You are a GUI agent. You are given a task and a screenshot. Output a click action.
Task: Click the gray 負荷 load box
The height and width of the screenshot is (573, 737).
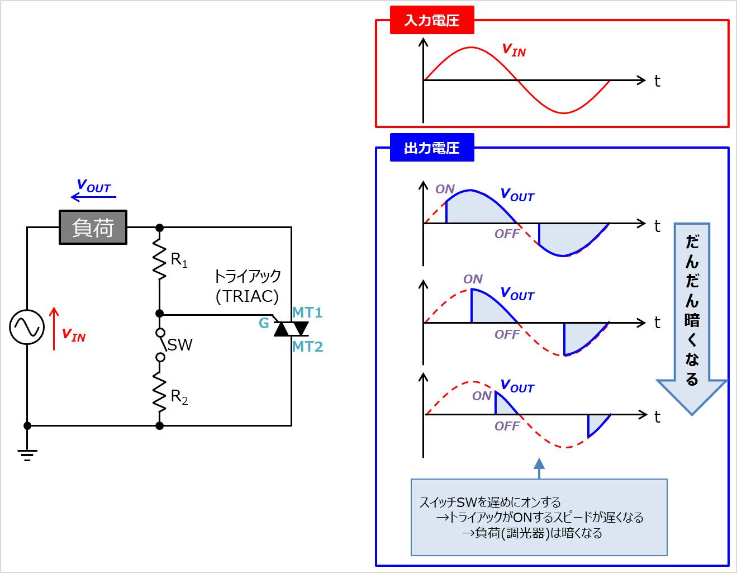click(93, 228)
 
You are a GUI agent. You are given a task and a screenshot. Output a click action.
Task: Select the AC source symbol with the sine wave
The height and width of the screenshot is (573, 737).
click(27, 327)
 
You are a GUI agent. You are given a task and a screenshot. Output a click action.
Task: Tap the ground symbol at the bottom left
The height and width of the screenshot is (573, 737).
click(27, 454)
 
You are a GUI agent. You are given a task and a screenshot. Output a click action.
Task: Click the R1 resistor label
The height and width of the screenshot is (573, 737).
click(179, 260)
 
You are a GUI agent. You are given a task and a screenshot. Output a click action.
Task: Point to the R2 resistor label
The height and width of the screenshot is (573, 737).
click(179, 397)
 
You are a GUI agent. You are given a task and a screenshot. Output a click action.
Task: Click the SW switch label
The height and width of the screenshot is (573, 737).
click(180, 345)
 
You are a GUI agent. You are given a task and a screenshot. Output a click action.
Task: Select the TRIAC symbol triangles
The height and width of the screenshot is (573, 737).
click(291, 329)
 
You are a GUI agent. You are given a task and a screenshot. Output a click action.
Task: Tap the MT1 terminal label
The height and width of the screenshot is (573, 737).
click(307, 312)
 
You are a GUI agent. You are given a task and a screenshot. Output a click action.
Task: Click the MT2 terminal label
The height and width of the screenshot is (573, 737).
click(307, 347)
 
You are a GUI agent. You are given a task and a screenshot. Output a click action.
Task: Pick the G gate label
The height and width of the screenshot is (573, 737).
click(264, 323)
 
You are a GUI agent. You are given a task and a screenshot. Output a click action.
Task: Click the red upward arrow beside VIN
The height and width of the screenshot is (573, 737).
click(54, 329)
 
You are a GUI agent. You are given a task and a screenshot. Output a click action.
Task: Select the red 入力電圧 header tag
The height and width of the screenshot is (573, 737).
click(431, 21)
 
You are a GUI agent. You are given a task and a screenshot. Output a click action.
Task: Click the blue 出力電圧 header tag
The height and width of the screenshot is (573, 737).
click(431, 148)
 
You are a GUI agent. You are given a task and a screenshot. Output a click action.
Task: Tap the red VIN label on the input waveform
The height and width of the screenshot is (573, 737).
click(513, 50)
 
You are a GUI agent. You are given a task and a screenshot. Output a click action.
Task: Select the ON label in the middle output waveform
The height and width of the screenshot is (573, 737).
click(473, 279)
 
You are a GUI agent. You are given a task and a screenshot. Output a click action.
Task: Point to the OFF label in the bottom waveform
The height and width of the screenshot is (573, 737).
click(507, 426)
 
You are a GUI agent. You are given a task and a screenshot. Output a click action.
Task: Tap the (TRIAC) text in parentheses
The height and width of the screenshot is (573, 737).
click(247, 296)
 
